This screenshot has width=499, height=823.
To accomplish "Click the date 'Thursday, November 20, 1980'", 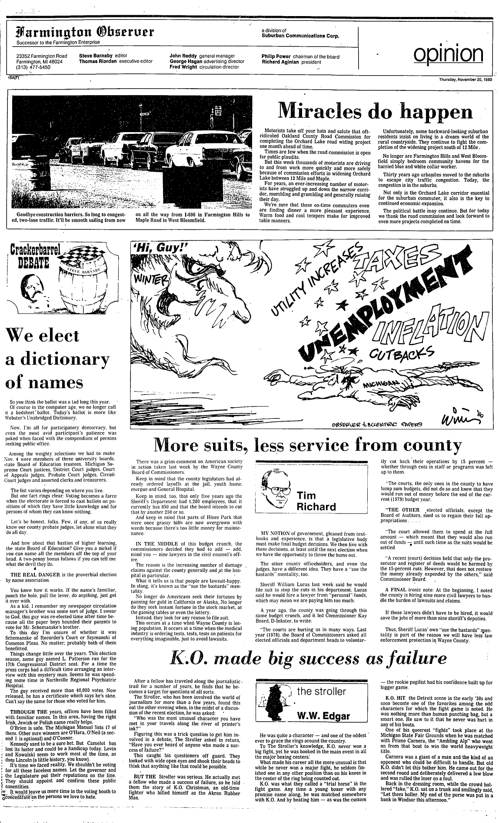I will coord(465,80).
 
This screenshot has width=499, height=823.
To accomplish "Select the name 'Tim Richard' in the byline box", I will coord(316,501).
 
